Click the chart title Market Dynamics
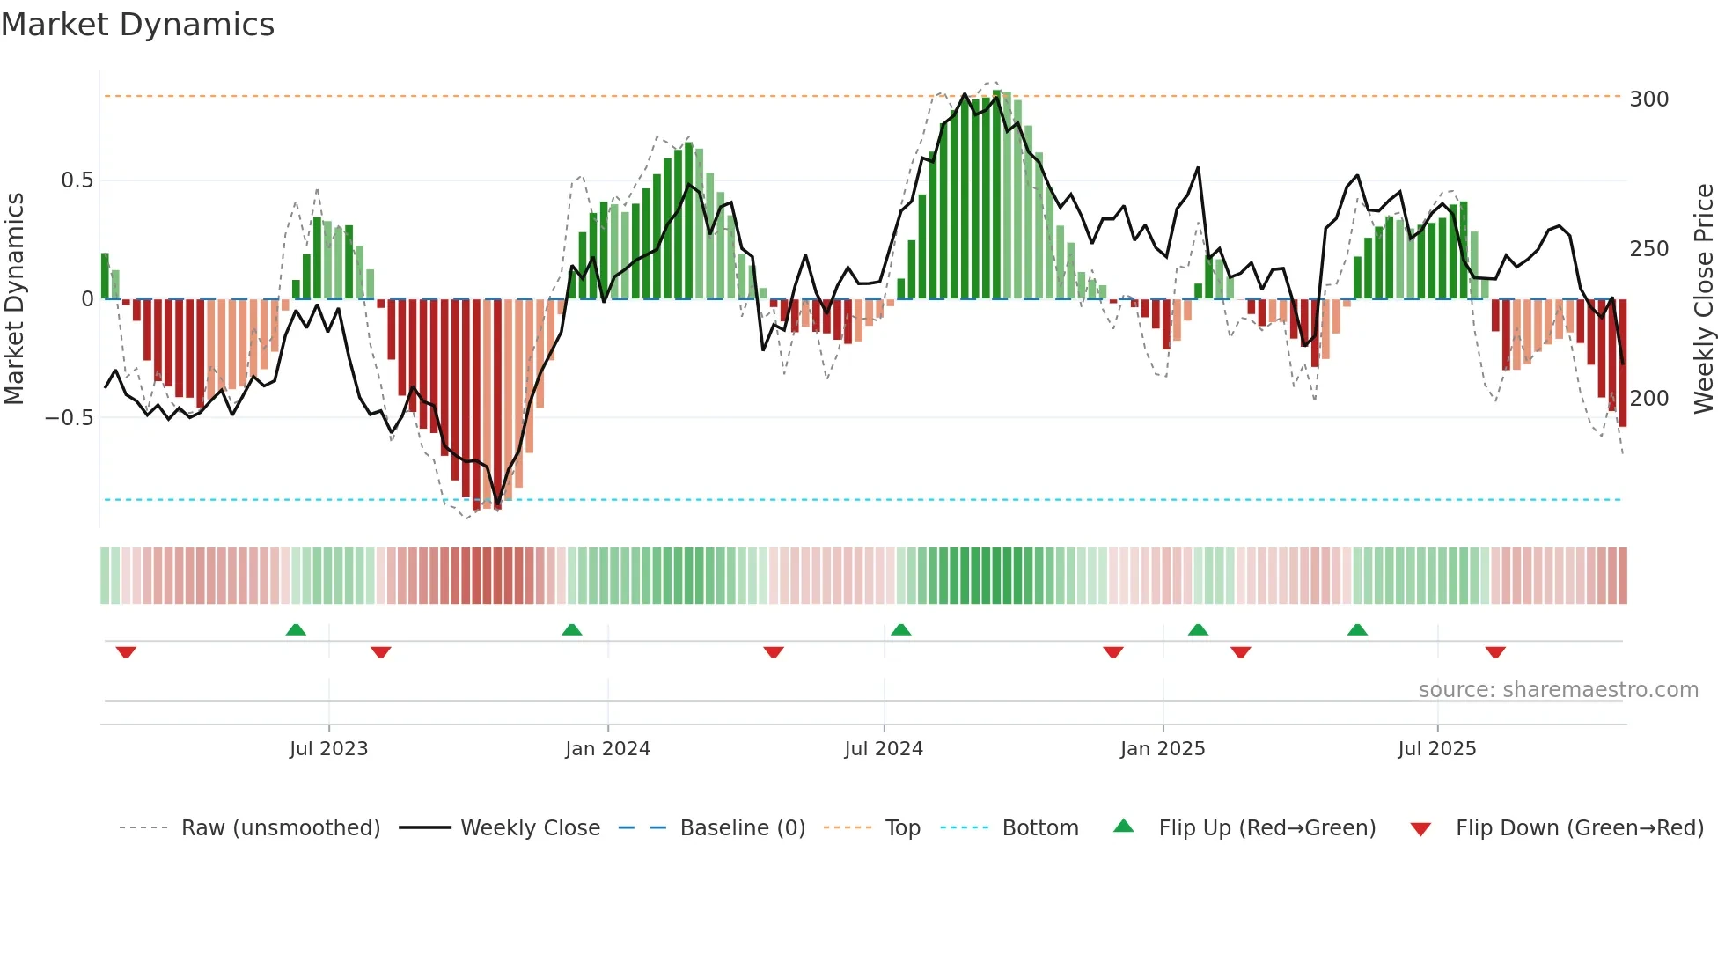tap(137, 25)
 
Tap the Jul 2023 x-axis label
tap(328, 749)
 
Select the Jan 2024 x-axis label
tap(607, 749)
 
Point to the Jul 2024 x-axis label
tap(884, 749)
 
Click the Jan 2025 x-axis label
tap(1163, 749)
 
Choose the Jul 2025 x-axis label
tap(1437, 749)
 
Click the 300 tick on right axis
tap(1649, 99)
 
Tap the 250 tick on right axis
tap(1649, 249)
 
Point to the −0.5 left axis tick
tap(70, 418)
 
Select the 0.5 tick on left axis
tap(77, 180)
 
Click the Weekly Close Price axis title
tap(1704, 299)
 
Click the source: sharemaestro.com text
tap(1558, 690)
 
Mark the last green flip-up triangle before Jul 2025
tap(1357, 629)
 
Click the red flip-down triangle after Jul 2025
tap(1495, 652)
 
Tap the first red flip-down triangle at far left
tap(126, 652)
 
